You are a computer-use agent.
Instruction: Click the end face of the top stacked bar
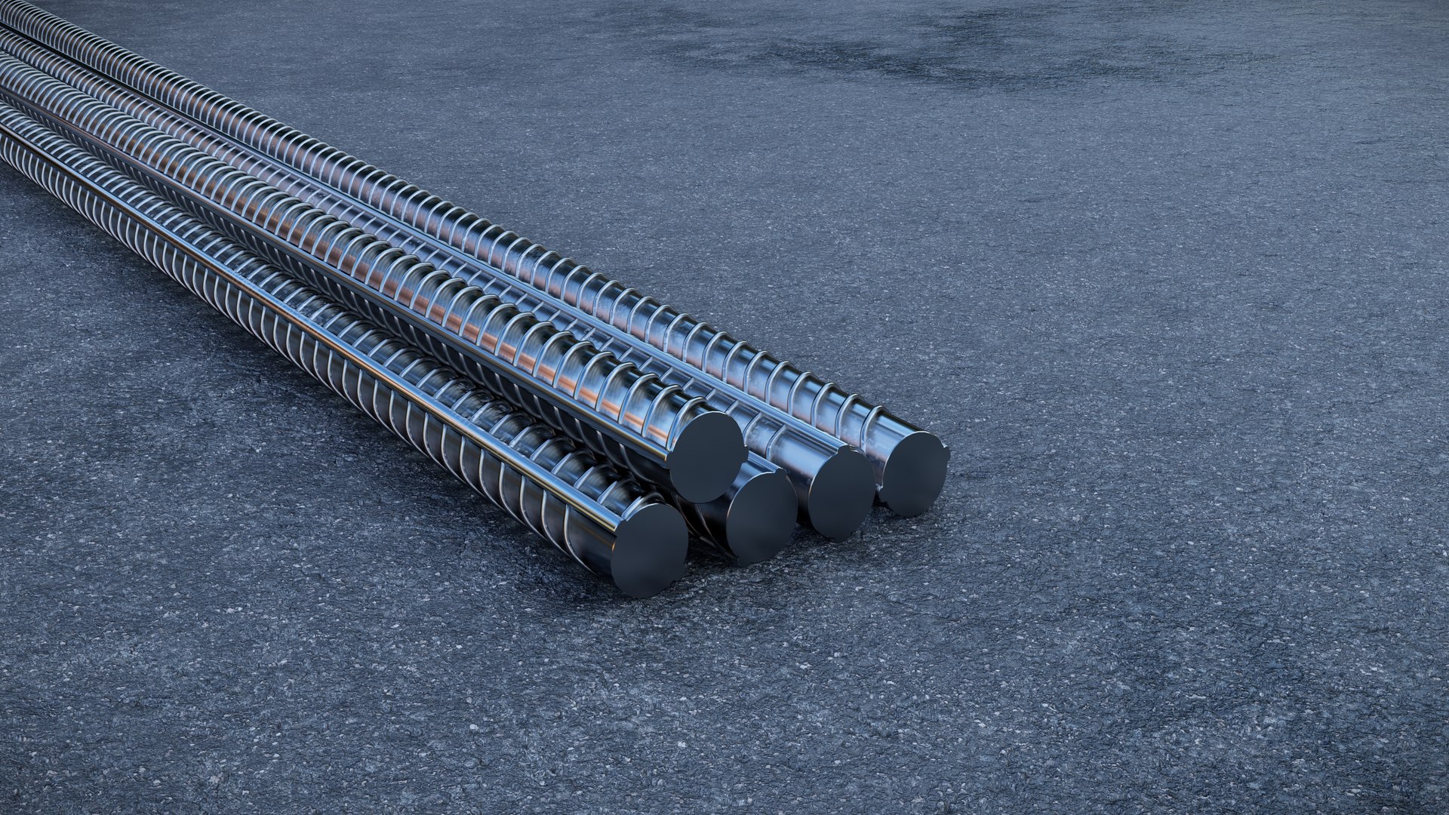[707, 456]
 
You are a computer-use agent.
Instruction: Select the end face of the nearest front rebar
[650, 549]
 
